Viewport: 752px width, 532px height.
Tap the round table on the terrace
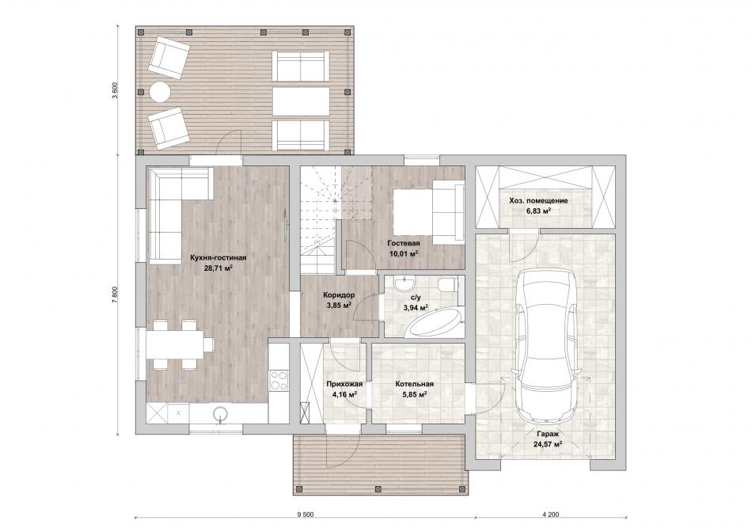[x=160, y=91]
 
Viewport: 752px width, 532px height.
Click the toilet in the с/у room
[x=448, y=284]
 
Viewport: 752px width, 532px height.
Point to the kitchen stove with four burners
[x=278, y=381]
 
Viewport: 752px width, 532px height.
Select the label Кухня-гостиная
[x=218, y=257]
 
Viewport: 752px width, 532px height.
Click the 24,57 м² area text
[x=548, y=444]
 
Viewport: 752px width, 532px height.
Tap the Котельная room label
[x=414, y=384]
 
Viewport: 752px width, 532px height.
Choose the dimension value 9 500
[x=305, y=515]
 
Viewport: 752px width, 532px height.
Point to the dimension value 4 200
[x=551, y=515]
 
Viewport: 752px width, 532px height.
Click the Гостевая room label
[x=404, y=243]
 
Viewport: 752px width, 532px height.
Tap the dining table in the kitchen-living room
[x=175, y=344]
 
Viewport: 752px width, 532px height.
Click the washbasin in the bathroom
[x=406, y=283]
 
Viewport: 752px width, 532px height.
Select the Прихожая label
[x=344, y=384]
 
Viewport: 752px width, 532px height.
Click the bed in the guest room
[x=428, y=211]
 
